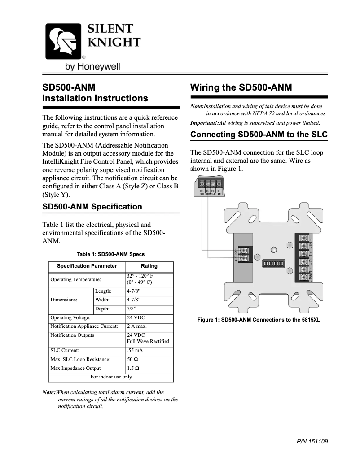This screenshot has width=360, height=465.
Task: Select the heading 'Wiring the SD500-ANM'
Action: [x=241, y=87]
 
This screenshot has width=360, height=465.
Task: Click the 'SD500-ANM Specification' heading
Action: [x=92, y=207]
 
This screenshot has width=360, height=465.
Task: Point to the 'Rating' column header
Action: [x=149, y=266]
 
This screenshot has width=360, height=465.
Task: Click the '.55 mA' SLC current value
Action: [x=135, y=351]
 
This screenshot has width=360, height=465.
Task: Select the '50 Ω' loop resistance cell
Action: [x=132, y=360]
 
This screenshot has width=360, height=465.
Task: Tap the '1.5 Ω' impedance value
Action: [x=133, y=369]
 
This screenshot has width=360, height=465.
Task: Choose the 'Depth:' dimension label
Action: [x=103, y=309]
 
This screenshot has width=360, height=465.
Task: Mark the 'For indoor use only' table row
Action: [x=111, y=377]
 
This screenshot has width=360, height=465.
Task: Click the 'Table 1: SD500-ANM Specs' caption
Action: [x=111, y=254]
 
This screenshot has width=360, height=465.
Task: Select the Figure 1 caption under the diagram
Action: [x=259, y=320]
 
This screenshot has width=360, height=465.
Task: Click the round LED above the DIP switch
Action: [x=273, y=249]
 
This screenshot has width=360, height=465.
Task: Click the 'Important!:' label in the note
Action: [x=204, y=122]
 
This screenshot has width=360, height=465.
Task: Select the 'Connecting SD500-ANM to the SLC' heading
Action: [x=259, y=135]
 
